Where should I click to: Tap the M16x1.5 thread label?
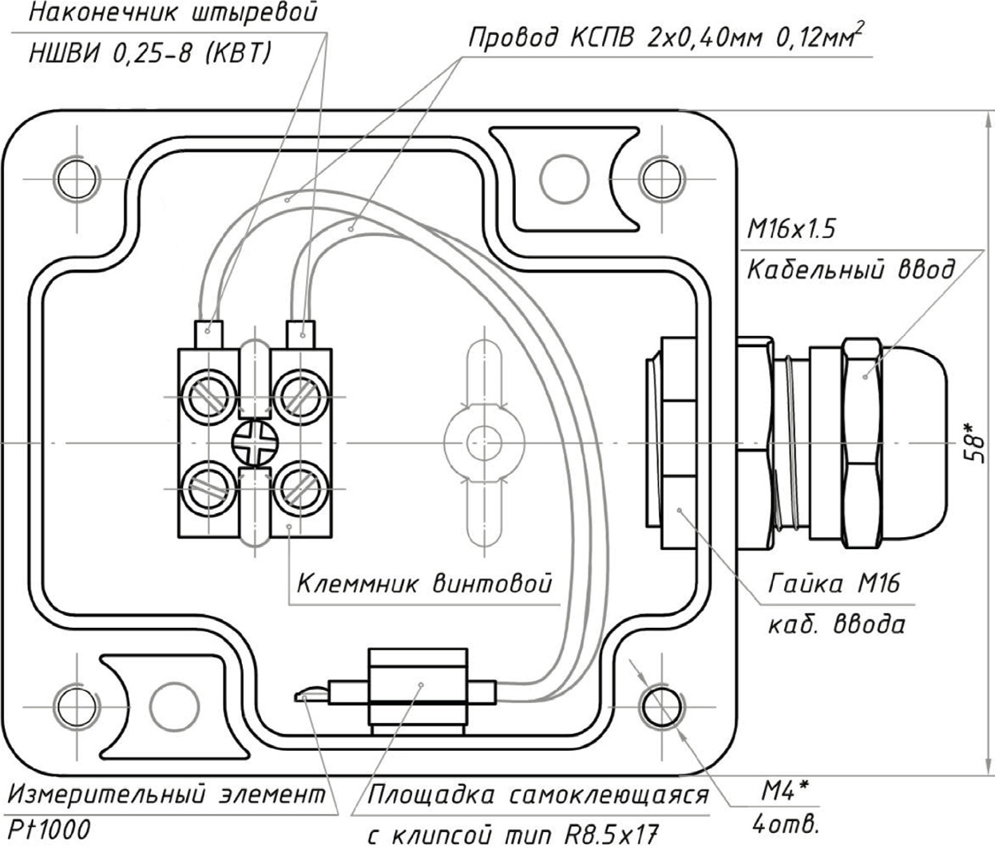(791, 230)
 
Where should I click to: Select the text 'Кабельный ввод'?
(850, 269)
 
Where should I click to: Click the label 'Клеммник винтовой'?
(424, 583)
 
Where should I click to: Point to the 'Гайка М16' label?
(834, 583)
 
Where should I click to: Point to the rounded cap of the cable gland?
(910, 441)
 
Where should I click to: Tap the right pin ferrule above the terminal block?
(301, 330)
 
